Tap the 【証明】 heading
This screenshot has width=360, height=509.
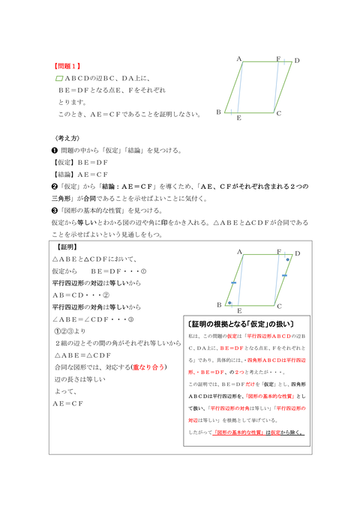70,246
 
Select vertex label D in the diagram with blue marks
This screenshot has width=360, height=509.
297,255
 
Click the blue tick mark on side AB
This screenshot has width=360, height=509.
234,283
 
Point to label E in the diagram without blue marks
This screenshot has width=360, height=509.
238,118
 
